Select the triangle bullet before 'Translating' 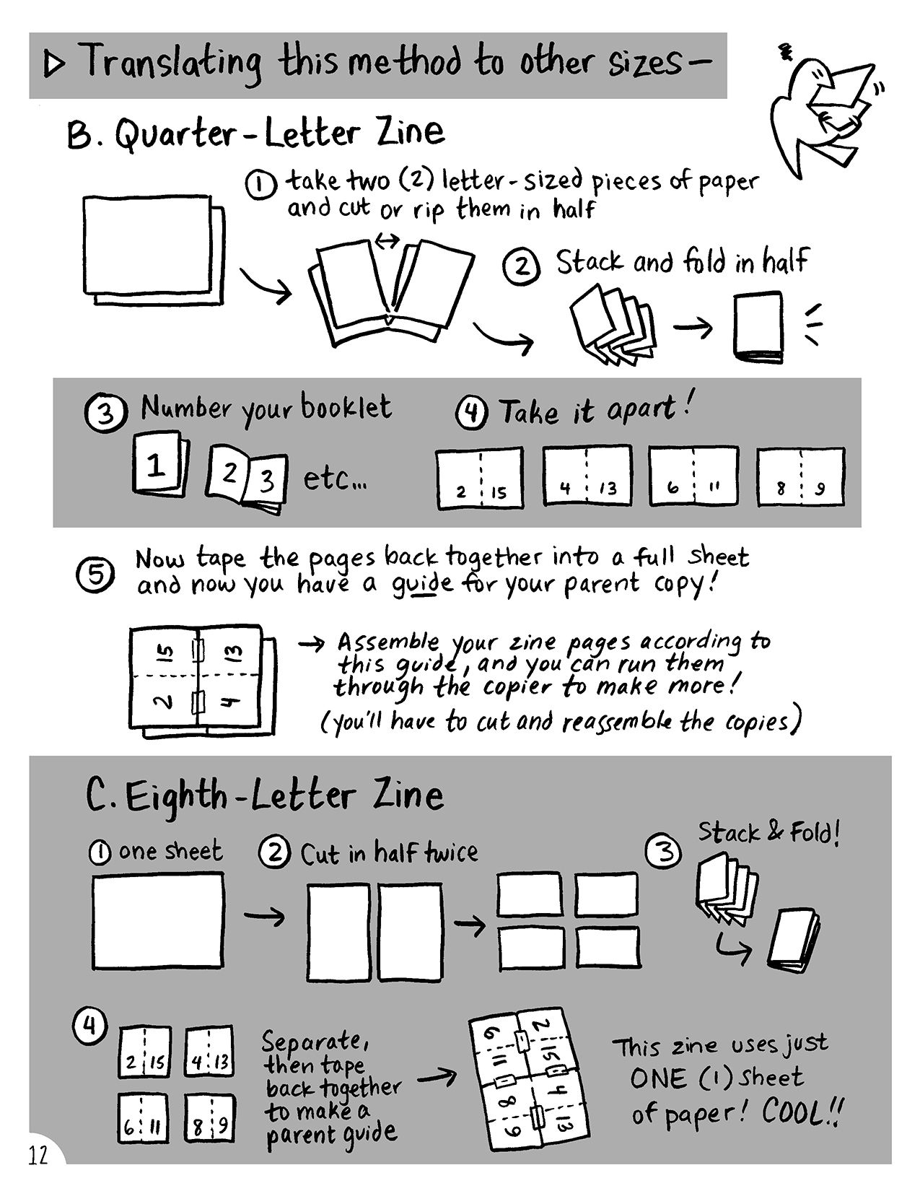pos(54,65)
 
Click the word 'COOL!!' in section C pos(802,1112)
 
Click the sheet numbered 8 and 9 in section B pos(800,477)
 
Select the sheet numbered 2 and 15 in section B pos(479,479)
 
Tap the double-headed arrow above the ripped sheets pos(386,240)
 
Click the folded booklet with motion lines pos(758,328)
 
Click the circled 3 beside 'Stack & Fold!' pos(665,853)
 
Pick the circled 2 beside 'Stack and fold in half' pos(521,267)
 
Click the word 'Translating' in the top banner pos(173,63)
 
